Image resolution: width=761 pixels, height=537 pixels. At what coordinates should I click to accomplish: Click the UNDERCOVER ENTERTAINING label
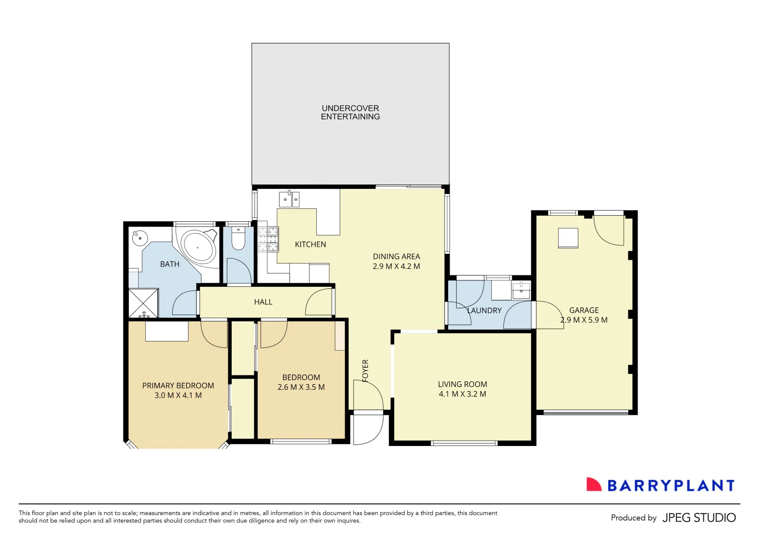tap(350, 112)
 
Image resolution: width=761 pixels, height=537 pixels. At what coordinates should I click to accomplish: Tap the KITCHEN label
tap(310, 244)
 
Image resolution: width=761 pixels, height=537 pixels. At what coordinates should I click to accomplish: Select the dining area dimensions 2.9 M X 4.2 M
tap(396, 267)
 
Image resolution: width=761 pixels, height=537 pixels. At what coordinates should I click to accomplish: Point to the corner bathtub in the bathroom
tap(197, 247)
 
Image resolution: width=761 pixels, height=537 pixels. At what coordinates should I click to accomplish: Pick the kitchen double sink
tap(289, 199)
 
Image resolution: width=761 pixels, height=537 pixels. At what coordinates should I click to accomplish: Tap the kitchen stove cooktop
tap(268, 239)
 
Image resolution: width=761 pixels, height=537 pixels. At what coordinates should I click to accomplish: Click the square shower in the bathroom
tap(144, 303)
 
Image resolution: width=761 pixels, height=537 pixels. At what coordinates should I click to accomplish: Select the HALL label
tap(263, 302)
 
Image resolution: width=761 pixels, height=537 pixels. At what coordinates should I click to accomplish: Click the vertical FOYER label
tap(366, 370)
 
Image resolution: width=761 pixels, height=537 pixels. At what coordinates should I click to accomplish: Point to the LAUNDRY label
tap(484, 310)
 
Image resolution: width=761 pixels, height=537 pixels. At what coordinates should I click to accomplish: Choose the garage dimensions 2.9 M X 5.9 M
tap(584, 320)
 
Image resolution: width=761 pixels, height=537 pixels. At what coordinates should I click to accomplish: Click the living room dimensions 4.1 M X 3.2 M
tap(463, 394)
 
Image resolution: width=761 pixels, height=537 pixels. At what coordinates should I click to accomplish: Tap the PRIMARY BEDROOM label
tap(178, 385)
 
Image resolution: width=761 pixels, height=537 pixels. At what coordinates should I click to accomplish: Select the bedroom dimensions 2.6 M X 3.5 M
tap(301, 387)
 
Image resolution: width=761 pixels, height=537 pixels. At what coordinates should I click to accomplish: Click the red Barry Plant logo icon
tap(593, 485)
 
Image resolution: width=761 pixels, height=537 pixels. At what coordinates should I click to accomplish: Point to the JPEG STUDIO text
tap(699, 518)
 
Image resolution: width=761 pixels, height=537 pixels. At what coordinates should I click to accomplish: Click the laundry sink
tap(521, 289)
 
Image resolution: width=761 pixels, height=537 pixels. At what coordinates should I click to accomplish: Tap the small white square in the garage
tap(568, 238)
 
